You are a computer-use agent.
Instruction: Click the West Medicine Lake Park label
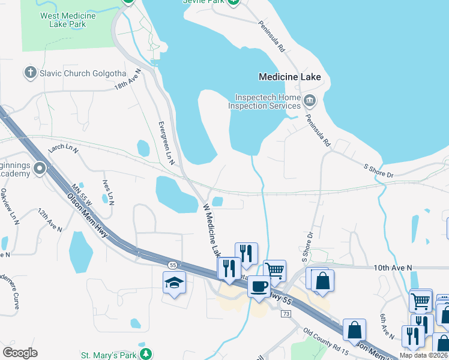64,20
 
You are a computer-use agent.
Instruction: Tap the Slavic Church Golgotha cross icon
31,73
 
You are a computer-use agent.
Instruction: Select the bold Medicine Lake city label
289,77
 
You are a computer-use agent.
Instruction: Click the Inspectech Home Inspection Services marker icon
310,100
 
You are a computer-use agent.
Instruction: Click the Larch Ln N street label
64,148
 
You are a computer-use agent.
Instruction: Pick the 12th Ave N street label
50,220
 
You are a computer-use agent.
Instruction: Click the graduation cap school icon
174,283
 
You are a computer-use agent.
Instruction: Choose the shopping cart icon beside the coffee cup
274,270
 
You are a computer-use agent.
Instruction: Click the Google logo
20,353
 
